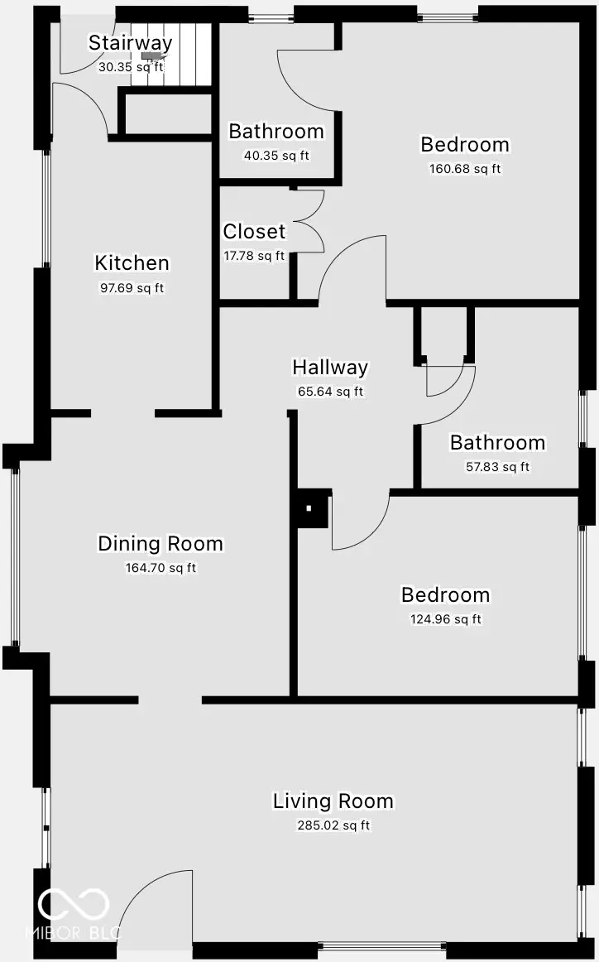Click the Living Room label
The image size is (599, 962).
[333, 801]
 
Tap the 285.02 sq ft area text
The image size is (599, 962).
[333, 825]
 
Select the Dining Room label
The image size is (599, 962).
[161, 544]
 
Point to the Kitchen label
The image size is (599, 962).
[132, 263]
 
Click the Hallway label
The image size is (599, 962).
[330, 368]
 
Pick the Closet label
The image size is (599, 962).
[254, 232]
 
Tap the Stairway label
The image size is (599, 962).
[131, 43]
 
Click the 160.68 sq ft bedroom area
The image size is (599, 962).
[465, 169]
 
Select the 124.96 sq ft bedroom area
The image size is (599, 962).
[445, 619]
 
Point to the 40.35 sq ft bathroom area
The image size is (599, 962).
[276, 156]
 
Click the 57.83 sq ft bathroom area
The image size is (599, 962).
[497, 467]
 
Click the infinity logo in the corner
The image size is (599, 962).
[73, 904]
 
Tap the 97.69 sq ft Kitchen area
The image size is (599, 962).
[132, 288]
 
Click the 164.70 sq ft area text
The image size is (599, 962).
[161, 568]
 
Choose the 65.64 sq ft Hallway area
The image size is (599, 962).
[330, 392]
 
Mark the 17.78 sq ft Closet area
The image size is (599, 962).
[254, 256]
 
